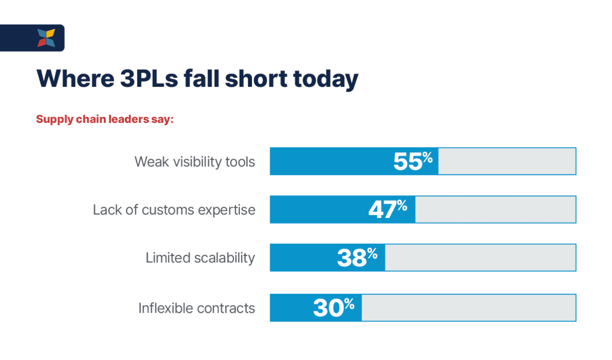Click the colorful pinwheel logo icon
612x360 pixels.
[46, 38]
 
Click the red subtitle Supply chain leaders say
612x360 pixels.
[104, 119]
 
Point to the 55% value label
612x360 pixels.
[413, 162]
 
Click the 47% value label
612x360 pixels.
[388, 209]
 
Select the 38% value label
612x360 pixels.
[357, 258]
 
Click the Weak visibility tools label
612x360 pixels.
[195, 162]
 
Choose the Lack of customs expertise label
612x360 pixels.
[174, 209]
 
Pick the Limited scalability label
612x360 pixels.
[200, 258]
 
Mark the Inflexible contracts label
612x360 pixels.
[197, 308]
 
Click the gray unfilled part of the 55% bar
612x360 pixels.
[507, 161]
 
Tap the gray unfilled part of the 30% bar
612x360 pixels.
[469, 307]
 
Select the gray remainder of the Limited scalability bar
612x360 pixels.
[480, 258]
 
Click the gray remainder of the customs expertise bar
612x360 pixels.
[495, 209]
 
